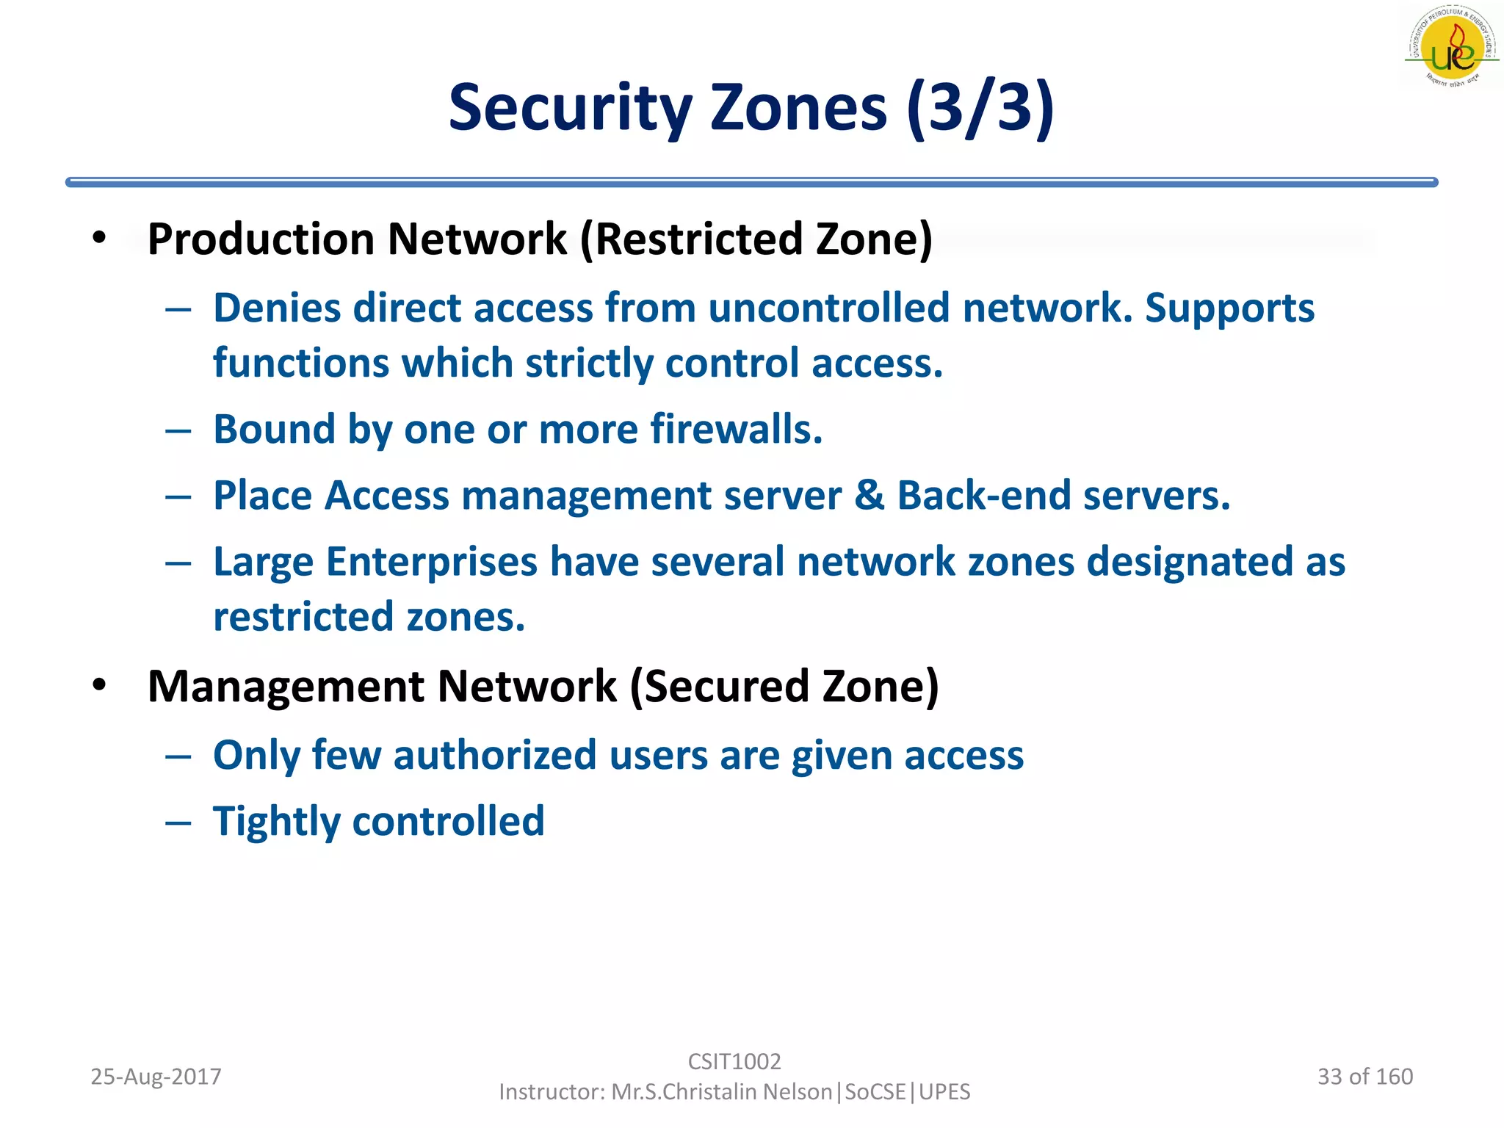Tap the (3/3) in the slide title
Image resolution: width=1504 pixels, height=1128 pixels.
(x=980, y=109)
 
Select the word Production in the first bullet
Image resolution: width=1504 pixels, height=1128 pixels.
(x=261, y=239)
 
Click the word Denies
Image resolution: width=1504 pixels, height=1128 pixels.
(x=277, y=308)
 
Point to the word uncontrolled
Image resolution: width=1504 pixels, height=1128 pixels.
(x=828, y=308)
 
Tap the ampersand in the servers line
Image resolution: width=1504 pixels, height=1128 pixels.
(x=869, y=495)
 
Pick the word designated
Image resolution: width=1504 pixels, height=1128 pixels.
(x=1189, y=562)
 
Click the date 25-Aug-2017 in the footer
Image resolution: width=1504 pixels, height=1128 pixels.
(x=156, y=1077)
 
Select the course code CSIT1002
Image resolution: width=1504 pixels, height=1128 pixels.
(x=734, y=1061)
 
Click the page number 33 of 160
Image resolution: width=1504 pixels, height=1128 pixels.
(x=1364, y=1077)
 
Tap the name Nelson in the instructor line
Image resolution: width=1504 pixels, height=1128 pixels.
(x=797, y=1092)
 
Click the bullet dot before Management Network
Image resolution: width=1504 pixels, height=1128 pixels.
(x=100, y=685)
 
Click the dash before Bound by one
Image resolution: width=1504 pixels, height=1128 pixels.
(x=178, y=430)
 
